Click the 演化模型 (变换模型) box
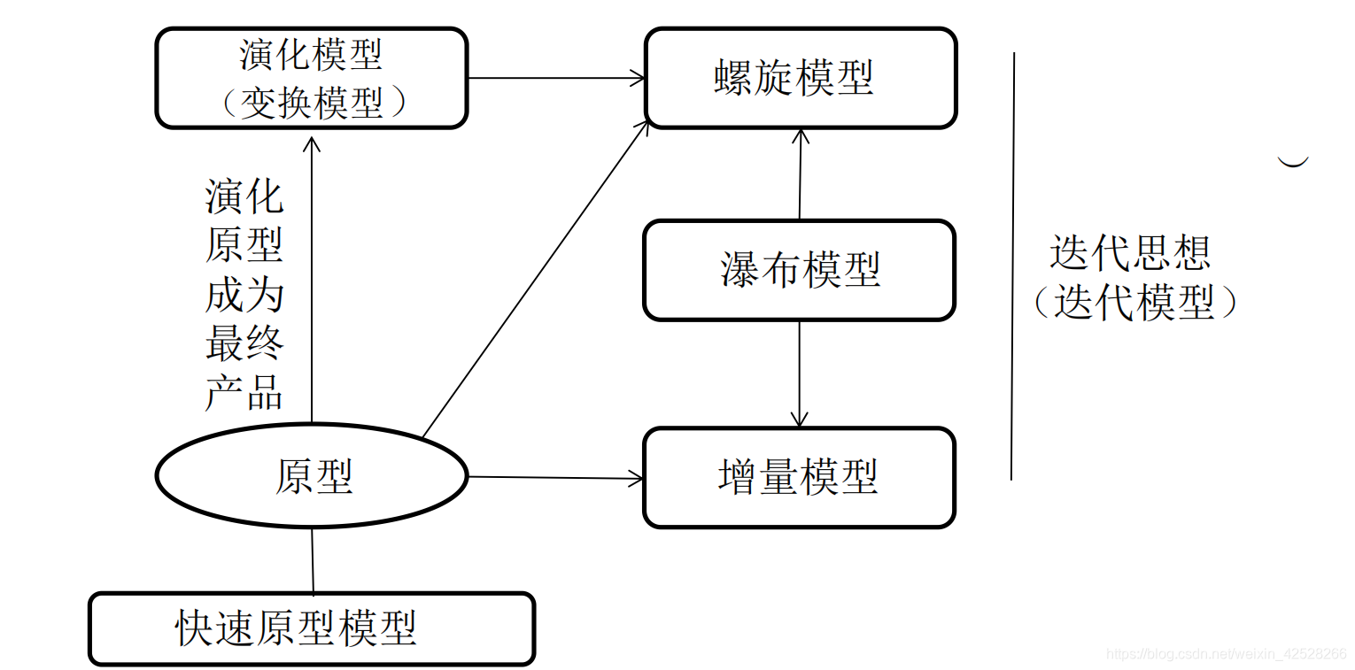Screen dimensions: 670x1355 [x=311, y=78]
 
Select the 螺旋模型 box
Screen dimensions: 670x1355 [x=800, y=78]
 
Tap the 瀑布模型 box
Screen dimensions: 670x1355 [x=799, y=270]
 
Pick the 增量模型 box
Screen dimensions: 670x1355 [x=799, y=478]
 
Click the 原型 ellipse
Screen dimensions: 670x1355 [x=312, y=476]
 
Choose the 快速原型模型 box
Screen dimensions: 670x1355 [x=312, y=629]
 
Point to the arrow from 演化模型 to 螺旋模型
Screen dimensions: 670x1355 [x=555, y=78]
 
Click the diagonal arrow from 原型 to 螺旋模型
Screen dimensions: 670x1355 [x=536, y=280]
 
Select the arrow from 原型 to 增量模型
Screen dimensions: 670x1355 [x=555, y=478]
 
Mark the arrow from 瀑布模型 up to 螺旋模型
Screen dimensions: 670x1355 [x=800, y=173]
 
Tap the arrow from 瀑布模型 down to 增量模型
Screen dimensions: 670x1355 [x=800, y=374]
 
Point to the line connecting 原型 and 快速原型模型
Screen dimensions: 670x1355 [x=313, y=560]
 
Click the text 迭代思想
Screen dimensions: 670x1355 [x=1130, y=252]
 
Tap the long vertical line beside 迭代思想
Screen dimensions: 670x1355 [x=1012, y=266]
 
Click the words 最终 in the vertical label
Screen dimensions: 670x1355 [x=244, y=343]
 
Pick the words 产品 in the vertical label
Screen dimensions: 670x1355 [x=244, y=391]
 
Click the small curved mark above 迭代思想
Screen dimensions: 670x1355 [x=1293, y=162]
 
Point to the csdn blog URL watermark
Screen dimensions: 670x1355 [x=1226, y=654]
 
